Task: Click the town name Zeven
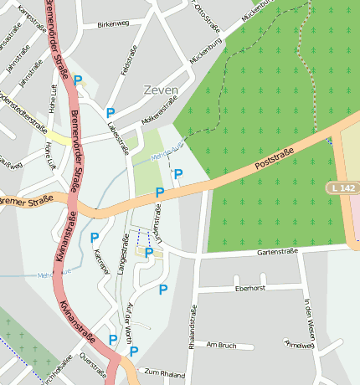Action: pyautogui.click(x=161, y=90)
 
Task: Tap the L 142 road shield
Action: pyautogui.click(x=342, y=190)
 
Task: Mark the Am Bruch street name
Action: pyautogui.click(x=222, y=345)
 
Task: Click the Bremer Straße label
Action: pyautogui.click(x=27, y=200)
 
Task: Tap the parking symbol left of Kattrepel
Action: pyautogui.click(x=94, y=238)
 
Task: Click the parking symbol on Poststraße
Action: pyautogui.click(x=159, y=192)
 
